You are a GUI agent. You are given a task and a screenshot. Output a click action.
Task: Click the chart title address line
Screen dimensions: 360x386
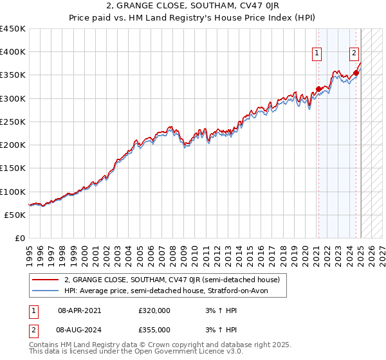pyautogui.click(x=192, y=6)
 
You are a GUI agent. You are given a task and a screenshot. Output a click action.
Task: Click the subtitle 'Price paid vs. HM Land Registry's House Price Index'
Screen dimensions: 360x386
pyautogui.click(x=192, y=17)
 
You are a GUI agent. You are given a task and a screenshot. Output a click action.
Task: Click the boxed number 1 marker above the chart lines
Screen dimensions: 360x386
pyautogui.click(x=318, y=53)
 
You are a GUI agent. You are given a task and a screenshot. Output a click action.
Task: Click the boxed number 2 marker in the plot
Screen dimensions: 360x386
pyautogui.click(x=354, y=53)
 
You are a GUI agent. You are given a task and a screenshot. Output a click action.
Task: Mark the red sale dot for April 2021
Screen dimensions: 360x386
pyautogui.click(x=318, y=89)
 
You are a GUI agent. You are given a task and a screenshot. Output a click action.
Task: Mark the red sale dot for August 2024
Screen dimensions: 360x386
pyautogui.click(x=356, y=73)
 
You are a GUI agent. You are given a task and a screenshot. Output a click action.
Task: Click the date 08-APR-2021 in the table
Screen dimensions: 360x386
pyautogui.click(x=79, y=310)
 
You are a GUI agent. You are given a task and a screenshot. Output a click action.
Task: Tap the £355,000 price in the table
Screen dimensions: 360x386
pyautogui.click(x=154, y=330)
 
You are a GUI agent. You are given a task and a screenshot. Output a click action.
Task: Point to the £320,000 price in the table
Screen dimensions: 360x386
pyautogui.click(x=154, y=310)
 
